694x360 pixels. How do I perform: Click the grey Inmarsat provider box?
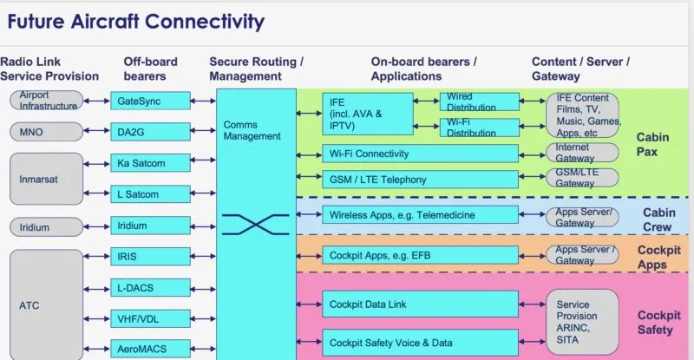(47, 179)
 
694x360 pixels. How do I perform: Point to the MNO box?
(47, 132)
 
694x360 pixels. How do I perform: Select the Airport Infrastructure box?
(47, 101)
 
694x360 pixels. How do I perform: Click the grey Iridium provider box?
(47, 227)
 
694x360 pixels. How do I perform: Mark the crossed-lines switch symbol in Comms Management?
(255, 225)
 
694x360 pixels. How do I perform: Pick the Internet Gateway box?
(582, 154)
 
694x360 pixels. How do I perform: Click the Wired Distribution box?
(479, 101)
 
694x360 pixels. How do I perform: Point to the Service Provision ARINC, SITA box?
(582, 321)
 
